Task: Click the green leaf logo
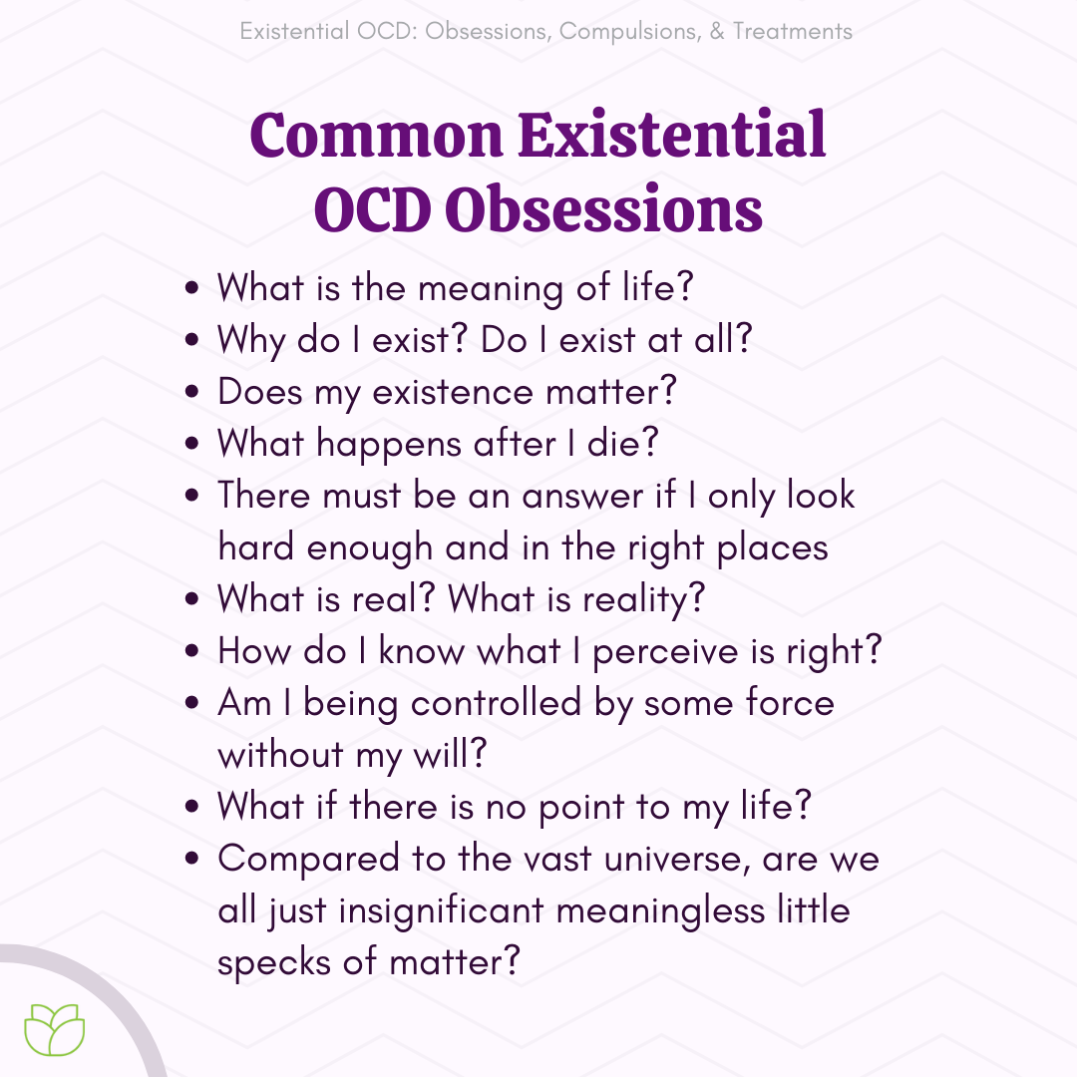coord(54,1029)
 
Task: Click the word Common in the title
coord(376,135)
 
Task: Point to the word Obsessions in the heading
coord(603,208)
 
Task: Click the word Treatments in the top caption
coord(792,32)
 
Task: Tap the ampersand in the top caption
coord(717,32)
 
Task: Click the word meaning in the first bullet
coord(491,288)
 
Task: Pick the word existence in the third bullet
coord(452,392)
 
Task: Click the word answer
coord(582,497)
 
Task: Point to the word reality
coord(636,599)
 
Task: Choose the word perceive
coord(664,652)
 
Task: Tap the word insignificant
coord(441,911)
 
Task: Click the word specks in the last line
coord(274,963)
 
